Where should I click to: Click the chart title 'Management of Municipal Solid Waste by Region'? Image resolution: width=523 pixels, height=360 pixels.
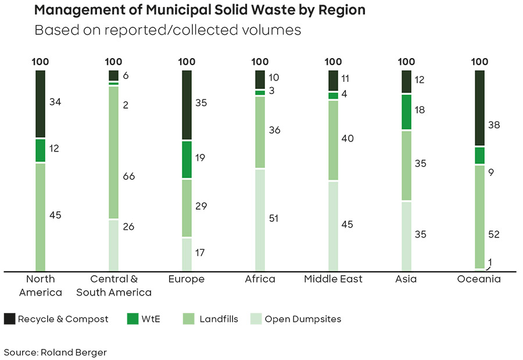[200, 10]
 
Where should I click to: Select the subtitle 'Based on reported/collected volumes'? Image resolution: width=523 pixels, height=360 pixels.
[168, 30]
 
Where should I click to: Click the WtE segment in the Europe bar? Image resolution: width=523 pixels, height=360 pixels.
[187, 159]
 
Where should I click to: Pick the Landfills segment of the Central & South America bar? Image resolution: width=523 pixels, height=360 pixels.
[114, 152]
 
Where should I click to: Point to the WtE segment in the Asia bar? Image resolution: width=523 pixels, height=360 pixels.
[407, 112]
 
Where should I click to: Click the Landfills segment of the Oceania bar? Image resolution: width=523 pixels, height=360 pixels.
[480, 217]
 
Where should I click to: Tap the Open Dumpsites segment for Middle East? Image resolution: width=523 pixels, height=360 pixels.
[333, 226]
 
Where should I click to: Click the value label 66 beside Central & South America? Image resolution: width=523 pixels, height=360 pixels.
[129, 176]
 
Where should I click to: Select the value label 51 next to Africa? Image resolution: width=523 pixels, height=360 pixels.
[274, 218]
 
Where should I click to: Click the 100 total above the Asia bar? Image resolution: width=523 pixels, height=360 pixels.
[407, 62]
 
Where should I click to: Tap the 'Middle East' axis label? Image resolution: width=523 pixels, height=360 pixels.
[333, 279]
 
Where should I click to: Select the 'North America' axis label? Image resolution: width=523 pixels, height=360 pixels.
[41, 286]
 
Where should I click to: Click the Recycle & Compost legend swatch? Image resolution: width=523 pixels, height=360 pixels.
[9, 319]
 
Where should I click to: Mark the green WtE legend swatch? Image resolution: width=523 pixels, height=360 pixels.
[132, 319]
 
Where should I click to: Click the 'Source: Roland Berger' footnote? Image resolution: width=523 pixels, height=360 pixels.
[55, 352]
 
